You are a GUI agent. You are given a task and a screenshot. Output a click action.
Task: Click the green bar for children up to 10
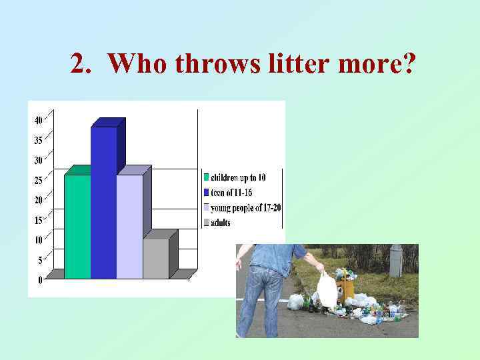[x=77, y=227]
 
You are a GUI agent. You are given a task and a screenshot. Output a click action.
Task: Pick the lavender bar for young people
[x=129, y=227]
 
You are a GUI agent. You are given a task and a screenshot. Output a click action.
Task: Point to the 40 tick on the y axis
[x=38, y=120]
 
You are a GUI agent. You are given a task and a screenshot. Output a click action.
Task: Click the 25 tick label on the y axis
[x=38, y=180]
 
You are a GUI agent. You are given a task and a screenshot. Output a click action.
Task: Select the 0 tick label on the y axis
[x=40, y=280]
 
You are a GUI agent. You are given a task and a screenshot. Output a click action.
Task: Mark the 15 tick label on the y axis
[x=38, y=220]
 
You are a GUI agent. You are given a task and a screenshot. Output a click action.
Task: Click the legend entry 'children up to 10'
[x=238, y=177]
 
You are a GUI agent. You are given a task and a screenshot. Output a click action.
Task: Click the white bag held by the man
[x=327, y=291]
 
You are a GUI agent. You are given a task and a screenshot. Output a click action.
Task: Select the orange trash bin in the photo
[x=345, y=288]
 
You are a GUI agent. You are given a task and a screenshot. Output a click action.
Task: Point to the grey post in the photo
[x=396, y=260]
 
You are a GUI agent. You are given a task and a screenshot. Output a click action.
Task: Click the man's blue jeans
[x=263, y=300]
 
